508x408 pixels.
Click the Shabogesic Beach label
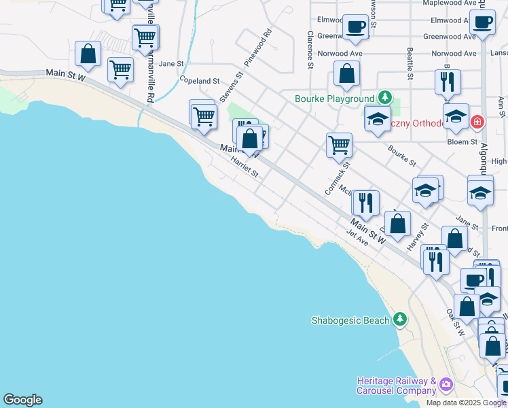point(350,320)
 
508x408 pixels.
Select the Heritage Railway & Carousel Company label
point(396,386)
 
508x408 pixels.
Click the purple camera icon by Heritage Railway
point(446,384)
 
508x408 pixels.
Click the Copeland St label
point(200,80)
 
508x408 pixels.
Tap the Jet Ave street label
point(357,238)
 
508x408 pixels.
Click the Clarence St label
point(310,50)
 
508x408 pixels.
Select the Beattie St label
point(410,63)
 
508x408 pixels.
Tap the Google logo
point(22,400)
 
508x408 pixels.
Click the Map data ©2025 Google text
point(466,403)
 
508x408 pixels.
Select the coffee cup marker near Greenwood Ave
point(355,27)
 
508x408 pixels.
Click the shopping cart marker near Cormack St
point(339,144)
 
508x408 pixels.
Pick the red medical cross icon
point(477,122)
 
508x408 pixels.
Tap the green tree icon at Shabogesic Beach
point(401,319)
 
